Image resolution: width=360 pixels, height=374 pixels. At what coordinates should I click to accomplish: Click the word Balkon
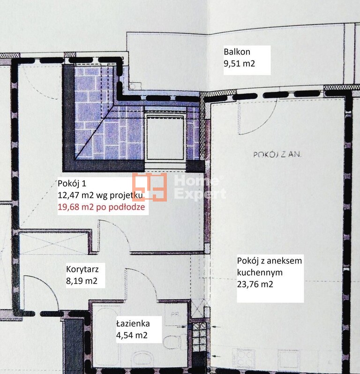point(237,52)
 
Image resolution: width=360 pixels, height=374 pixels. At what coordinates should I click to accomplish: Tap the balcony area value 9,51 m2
point(239,63)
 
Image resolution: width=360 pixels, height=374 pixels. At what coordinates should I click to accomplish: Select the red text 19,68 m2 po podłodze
point(101,207)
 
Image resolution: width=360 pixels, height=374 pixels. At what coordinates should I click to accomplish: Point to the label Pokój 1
point(72,183)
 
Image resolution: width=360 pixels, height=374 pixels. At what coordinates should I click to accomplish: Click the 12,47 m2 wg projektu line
point(100,195)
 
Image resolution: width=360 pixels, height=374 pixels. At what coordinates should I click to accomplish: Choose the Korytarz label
point(82,269)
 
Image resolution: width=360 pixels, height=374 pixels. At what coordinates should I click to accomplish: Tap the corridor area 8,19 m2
point(82,281)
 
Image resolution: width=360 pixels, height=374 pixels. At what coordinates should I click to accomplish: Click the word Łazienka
point(133,324)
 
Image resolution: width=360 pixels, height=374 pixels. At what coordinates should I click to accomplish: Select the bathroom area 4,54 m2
point(132,335)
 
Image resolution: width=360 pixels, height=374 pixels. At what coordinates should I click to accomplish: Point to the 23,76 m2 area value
point(255,284)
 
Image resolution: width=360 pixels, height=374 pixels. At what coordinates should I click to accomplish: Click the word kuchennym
point(260,272)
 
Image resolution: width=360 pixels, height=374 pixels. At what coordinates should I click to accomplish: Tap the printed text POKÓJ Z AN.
point(277,155)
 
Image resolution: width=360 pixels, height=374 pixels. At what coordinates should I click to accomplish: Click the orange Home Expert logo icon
point(150,187)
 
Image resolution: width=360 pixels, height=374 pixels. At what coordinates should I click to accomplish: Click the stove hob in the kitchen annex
point(244,358)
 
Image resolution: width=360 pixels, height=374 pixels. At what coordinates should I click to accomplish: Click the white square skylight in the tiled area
point(165,138)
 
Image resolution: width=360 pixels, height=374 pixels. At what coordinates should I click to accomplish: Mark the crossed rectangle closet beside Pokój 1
point(54,243)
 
